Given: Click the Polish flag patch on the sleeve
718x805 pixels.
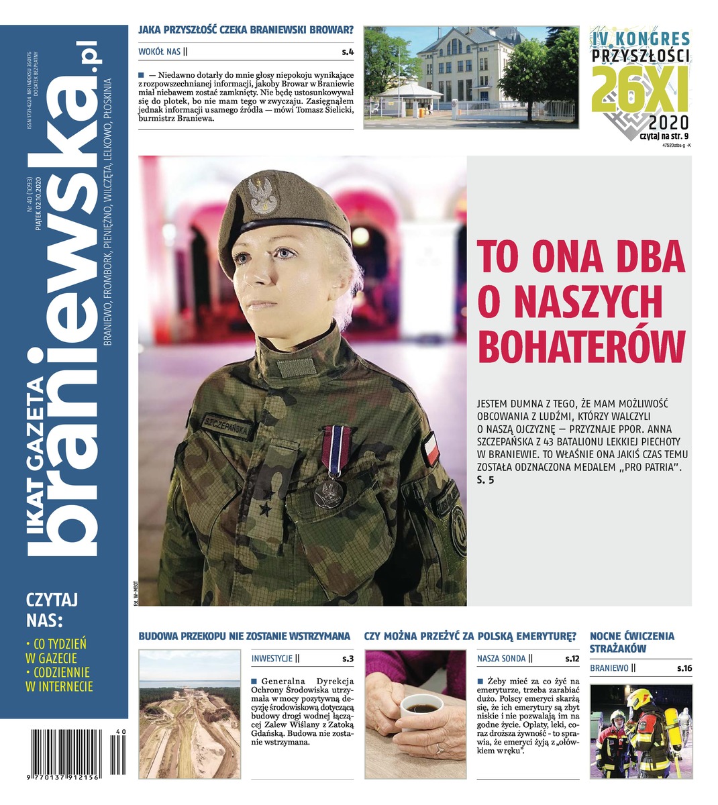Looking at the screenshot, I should (x=429, y=448).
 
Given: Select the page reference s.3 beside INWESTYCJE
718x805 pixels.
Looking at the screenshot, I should (x=347, y=659).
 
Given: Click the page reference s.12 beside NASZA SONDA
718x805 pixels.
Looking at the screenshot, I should (x=572, y=659).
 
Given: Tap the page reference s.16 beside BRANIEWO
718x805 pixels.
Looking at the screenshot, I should (x=684, y=668).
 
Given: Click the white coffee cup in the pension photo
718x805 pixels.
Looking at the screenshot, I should (x=421, y=712).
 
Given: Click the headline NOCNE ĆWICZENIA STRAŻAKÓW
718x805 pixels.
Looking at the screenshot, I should (x=631, y=642).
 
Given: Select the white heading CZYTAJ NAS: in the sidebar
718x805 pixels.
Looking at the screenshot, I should (x=52, y=608).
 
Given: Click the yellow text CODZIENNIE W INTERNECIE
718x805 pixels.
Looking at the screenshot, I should (x=58, y=679).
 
